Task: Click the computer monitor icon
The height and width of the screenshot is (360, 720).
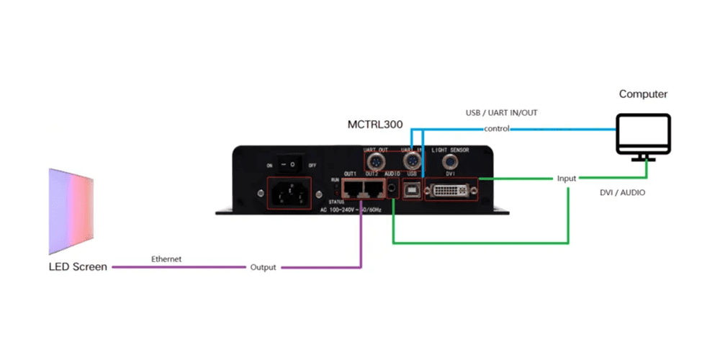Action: pyautogui.click(x=644, y=136)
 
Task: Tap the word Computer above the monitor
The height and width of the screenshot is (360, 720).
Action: pyautogui.click(x=643, y=94)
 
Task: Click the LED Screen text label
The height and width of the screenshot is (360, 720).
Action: pyautogui.click(x=78, y=267)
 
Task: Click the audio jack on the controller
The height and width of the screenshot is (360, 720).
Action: pyautogui.click(x=392, y=190)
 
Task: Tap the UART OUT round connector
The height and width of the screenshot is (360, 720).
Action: pyautogui.click(x=377, y=159)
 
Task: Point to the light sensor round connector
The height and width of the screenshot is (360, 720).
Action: pyautogui.click(x=451, y=159)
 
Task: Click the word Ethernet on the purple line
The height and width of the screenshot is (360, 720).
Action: pyautogui.click(x=166, y=258)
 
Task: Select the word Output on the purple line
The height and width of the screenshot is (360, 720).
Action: pyautogui.click(x=263, y=268)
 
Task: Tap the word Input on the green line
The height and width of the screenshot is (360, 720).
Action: pyautogui.click(x=567, y=179)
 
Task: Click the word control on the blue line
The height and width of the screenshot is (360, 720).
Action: pyautogui.click(x=497, y=129)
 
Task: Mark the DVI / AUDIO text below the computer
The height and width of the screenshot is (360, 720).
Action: pyautogui.click(x=624, y=192)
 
